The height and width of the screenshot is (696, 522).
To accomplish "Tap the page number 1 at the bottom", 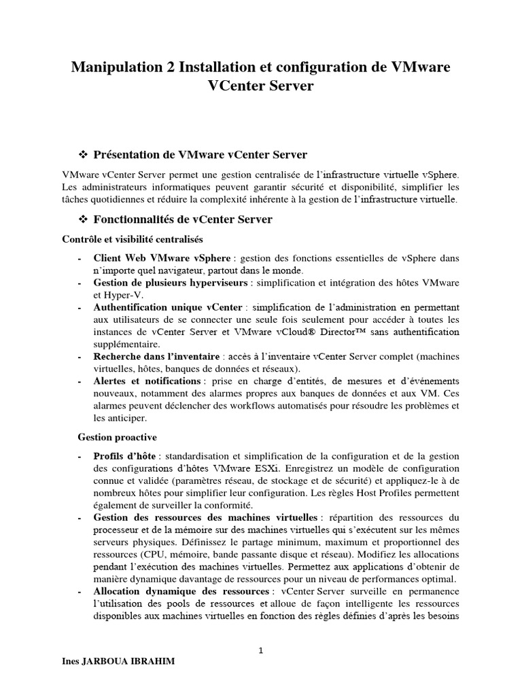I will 261,650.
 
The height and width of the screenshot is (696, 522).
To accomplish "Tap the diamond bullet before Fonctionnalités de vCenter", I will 85,220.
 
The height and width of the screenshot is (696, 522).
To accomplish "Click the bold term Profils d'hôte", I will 124,455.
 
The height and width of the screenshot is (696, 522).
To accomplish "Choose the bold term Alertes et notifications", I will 147,381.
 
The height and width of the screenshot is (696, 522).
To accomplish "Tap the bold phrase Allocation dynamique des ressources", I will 181,591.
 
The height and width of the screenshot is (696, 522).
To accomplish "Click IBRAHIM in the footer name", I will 151,662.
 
